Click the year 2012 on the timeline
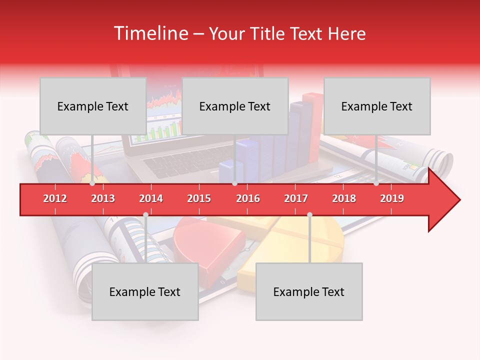click(x=55, y=198)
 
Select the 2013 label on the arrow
click(x=103, y=198)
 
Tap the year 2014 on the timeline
click(x=151, y=198)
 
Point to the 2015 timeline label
click(x=199, y=198)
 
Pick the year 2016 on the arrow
click(x=248, y=198)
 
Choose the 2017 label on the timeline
click(x=296, y=198)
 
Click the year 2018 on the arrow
click(x=344, y=198)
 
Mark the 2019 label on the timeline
click(x=392, y=198)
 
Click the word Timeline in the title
click(x=150, y=33)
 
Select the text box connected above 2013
click(x=93, y=106)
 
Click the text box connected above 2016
click(x=235, y=106)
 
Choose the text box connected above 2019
click(x=377, y=106)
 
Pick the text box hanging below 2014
click(x=145, y=292)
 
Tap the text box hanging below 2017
click(x=309, y=292)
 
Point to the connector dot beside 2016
click(x=234, y=183)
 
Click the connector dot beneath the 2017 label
click(x=309, y=214)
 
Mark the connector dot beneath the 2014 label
click(x=145, y=214)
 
